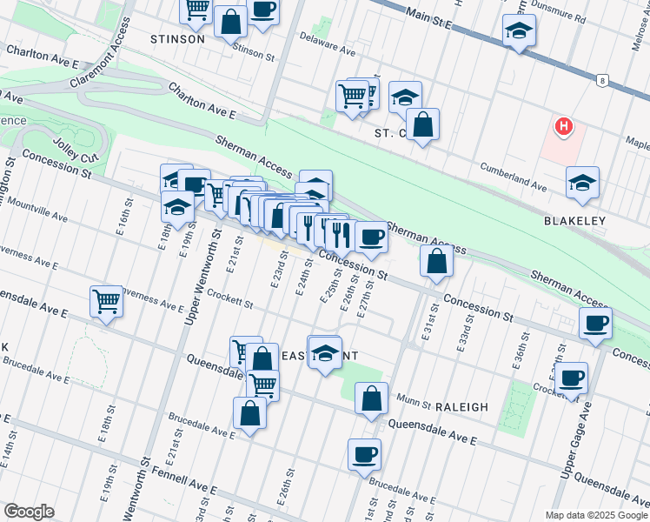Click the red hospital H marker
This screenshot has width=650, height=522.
[x=564, y=128]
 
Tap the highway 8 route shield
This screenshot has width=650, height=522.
[x=600, y=81]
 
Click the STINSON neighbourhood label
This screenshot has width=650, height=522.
[x=177, y=39]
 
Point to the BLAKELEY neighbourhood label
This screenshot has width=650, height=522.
[x=574, y=221]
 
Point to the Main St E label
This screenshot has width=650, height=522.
[x=430, y=18]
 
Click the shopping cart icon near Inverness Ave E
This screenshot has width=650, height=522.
[x=106, y=302]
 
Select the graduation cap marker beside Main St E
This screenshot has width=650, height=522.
[x=520, y=30]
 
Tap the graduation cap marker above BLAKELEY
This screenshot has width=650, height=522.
[x=582, y=182]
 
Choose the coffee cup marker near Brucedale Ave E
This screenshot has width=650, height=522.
[x=364, y=453]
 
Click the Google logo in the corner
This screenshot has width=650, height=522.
[x=29, y=512]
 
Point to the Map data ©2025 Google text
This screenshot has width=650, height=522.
[x=596, y=515]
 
